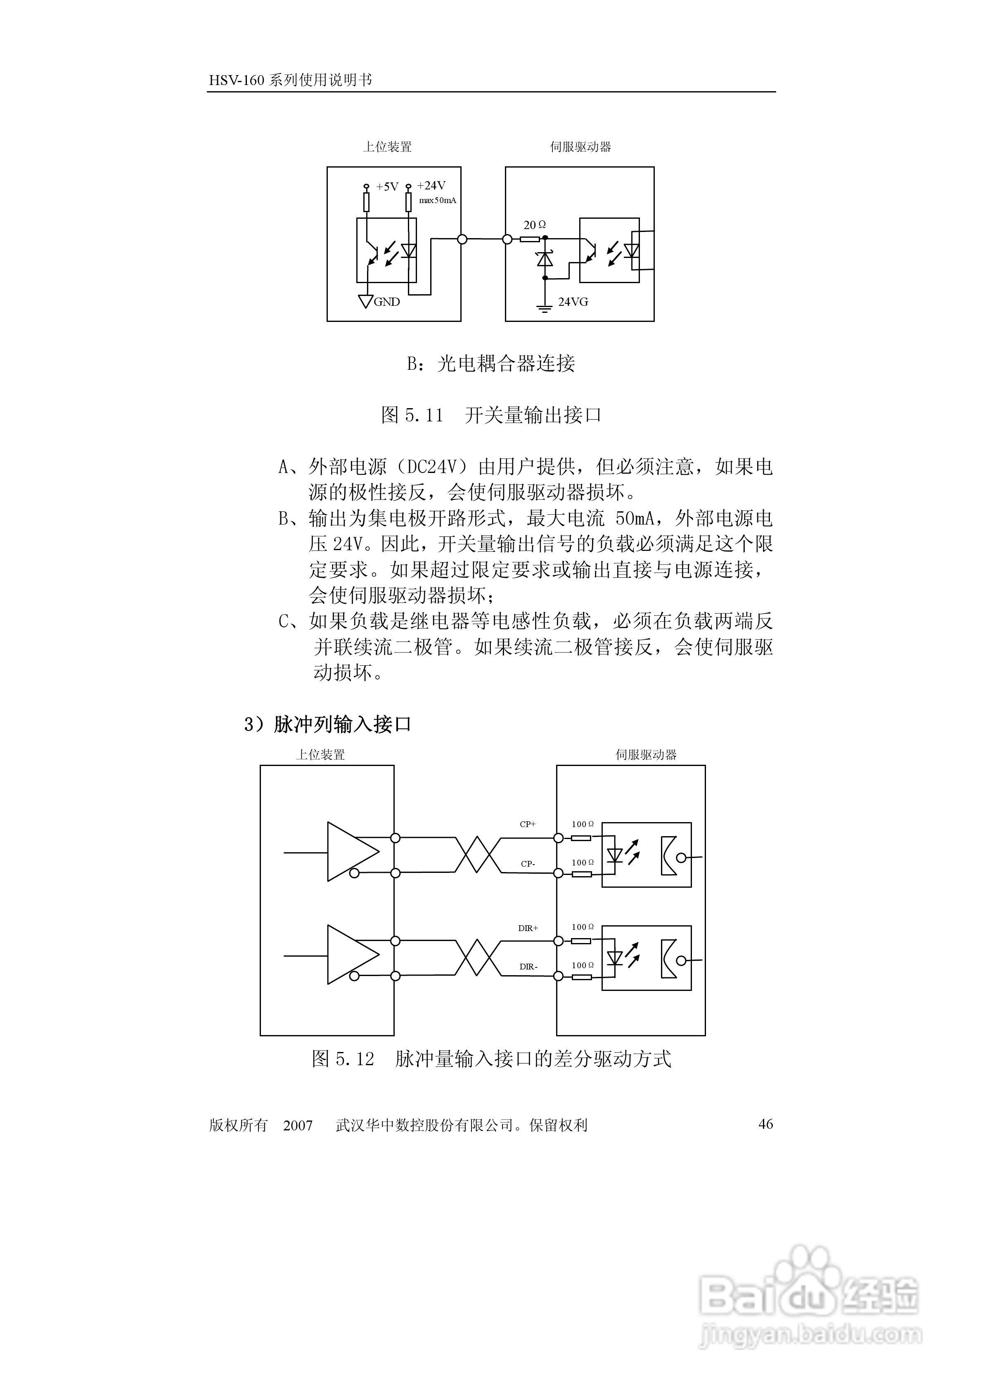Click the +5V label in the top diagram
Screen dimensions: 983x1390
click(387, 187)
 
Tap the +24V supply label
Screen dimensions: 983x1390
click(431, 186)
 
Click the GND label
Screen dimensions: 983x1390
click(386, 302)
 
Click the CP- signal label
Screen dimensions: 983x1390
click(528, 864)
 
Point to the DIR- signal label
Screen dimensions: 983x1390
click(528, 967)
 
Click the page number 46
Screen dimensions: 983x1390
click(765, 1124)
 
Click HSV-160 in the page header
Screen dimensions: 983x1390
click(237, 80)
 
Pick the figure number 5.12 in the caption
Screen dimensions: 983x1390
click(355, 1059)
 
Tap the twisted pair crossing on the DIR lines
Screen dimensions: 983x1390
click(478, 958)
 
